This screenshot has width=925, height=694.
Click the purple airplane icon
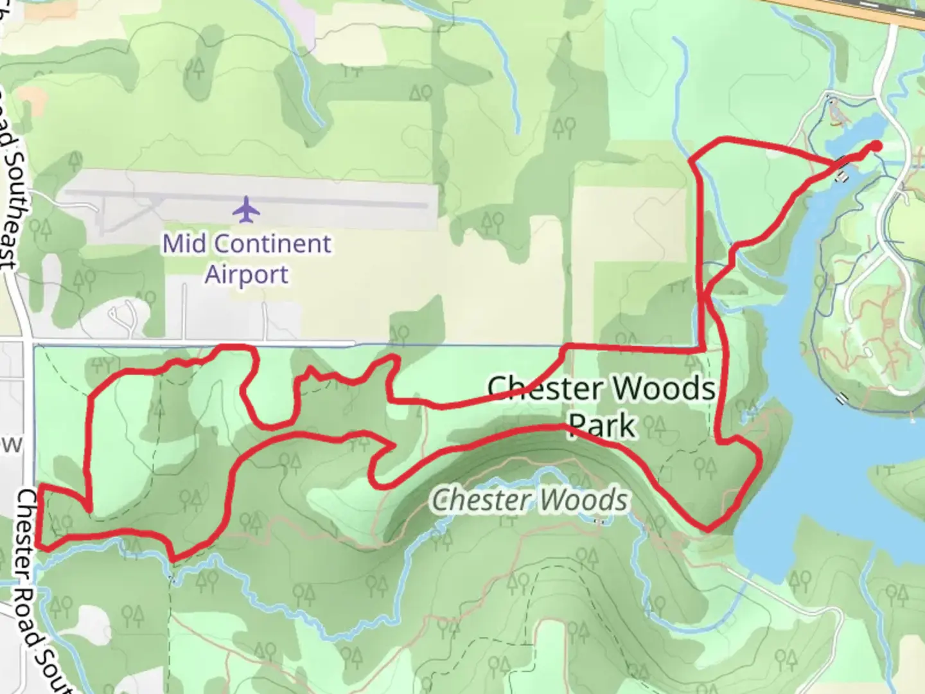click(246, 209)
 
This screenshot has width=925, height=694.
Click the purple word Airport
click(247, 274)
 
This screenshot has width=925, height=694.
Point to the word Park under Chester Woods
click(602, 425)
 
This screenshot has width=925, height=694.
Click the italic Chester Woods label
click(529, 501)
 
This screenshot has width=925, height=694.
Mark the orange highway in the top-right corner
click(861, 9)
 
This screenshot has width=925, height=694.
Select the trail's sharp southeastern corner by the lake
click(708, 529)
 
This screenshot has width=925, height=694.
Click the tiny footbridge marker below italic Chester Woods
click(599, 521)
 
